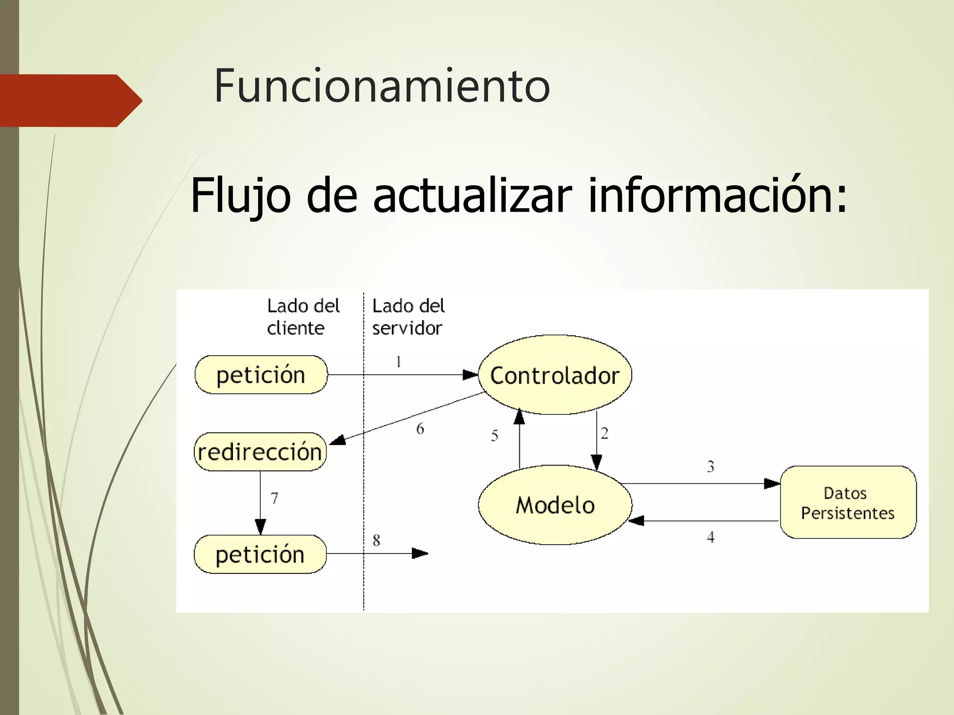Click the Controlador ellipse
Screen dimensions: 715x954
pos(555,375)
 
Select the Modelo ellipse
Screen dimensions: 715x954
pos(555,505)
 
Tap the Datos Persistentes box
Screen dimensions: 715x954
pos(848,503)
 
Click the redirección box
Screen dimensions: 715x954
pos(260,452)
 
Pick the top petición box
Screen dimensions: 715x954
pos(261,375)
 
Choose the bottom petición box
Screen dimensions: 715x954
pos(260,554)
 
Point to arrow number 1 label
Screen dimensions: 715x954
pos(399,362)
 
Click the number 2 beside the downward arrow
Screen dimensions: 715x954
pos(605,433)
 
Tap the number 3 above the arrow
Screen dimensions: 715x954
pos(710,466)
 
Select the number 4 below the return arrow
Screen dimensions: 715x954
pos(710,537)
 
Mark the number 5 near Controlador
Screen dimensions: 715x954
pos(495,436)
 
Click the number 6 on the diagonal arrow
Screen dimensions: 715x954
pos(420,429)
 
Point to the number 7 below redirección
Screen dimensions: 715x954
pos(274,499)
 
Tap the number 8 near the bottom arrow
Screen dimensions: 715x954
pos(376,540)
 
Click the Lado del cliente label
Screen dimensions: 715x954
pos(303,317)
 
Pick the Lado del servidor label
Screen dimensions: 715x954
pos(408,317)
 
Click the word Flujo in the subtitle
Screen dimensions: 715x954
pos(240,196)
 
